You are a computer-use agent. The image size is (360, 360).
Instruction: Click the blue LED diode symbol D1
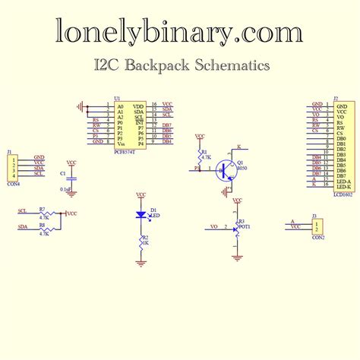point(141,215)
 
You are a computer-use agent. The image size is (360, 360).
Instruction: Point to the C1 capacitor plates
point(71,180)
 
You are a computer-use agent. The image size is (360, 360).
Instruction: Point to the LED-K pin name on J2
point(343,187)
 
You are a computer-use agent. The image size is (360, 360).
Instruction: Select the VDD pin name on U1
point(138,106)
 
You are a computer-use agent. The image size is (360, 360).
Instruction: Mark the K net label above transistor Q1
point(238,145)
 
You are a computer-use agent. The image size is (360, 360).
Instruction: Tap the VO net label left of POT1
point(214,227)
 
